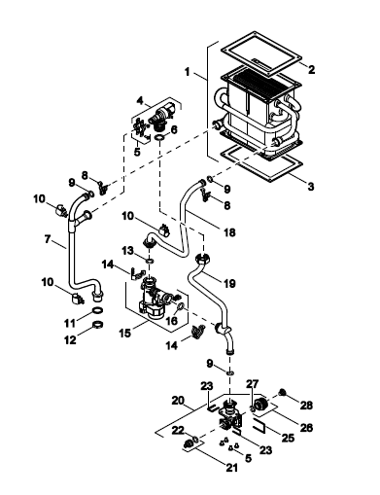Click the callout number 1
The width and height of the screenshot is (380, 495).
coord(187,71)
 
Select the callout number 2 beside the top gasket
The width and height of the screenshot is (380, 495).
coord(311,69)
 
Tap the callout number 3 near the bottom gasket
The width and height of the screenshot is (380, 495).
coord(311,186)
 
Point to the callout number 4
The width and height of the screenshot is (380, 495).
coord(140,100)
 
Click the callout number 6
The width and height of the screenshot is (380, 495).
coord(174,129)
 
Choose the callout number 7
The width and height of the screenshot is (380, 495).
coord(48,239)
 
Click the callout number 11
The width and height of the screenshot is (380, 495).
coord(70,323)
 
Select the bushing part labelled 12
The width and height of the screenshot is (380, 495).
coord(98,324)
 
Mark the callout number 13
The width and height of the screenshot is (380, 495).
coord(127,250)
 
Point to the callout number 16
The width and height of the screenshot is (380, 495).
coord(172,321)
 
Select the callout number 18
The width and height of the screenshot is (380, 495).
coord(229,232)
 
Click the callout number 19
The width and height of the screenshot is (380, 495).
coord(229,283)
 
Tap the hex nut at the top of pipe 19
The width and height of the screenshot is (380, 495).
coord(203,259)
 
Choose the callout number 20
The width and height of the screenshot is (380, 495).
coord(178,401)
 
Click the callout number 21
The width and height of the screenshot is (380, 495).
coord(231,467)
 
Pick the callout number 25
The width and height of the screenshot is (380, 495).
coord(288,438)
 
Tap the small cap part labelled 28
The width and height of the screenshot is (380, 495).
coord(283,393)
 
